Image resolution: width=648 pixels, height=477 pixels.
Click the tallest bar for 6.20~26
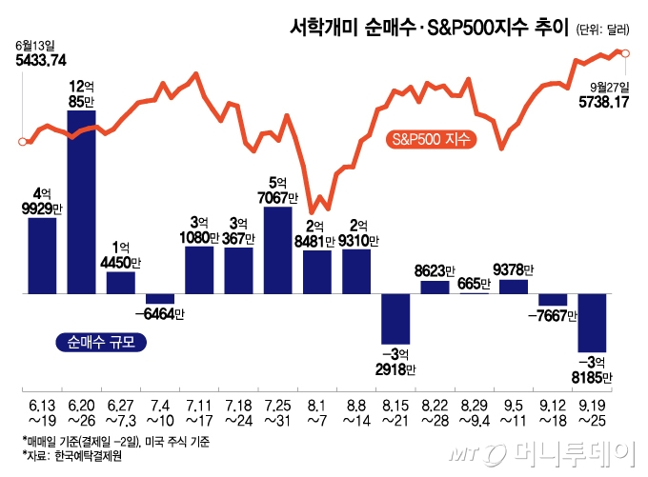pyautogui.click(x=81, y=202)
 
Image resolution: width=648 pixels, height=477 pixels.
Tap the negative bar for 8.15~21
pyautogui.click(x=395, y=318)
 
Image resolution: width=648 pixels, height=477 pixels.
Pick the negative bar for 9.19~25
pyautogui.click(x=592, y=323)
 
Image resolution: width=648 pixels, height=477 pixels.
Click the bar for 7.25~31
pyautogui.click(x=277, y=249)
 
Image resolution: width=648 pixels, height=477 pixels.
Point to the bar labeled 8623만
pyautogui.click(x=435, y=287)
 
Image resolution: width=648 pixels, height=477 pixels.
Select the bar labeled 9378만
pyautogui.click(x=513, y=286)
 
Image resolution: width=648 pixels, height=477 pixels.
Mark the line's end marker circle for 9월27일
pyautogui.click(x=624, y=53)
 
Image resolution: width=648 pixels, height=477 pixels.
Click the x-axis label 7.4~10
pyautogui.click(x=159, y=412)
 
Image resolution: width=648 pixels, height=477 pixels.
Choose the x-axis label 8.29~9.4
pyautogui.click(x=474, y=412)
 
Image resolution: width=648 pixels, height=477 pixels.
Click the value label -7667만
pyautogui.click(x=553, y=316)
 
